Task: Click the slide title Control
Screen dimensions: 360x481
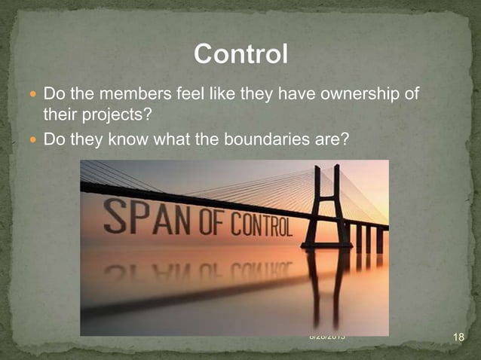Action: point(240,55)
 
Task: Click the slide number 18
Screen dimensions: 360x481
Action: point(458,337)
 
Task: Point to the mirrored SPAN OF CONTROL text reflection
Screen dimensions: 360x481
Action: point(196,271)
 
